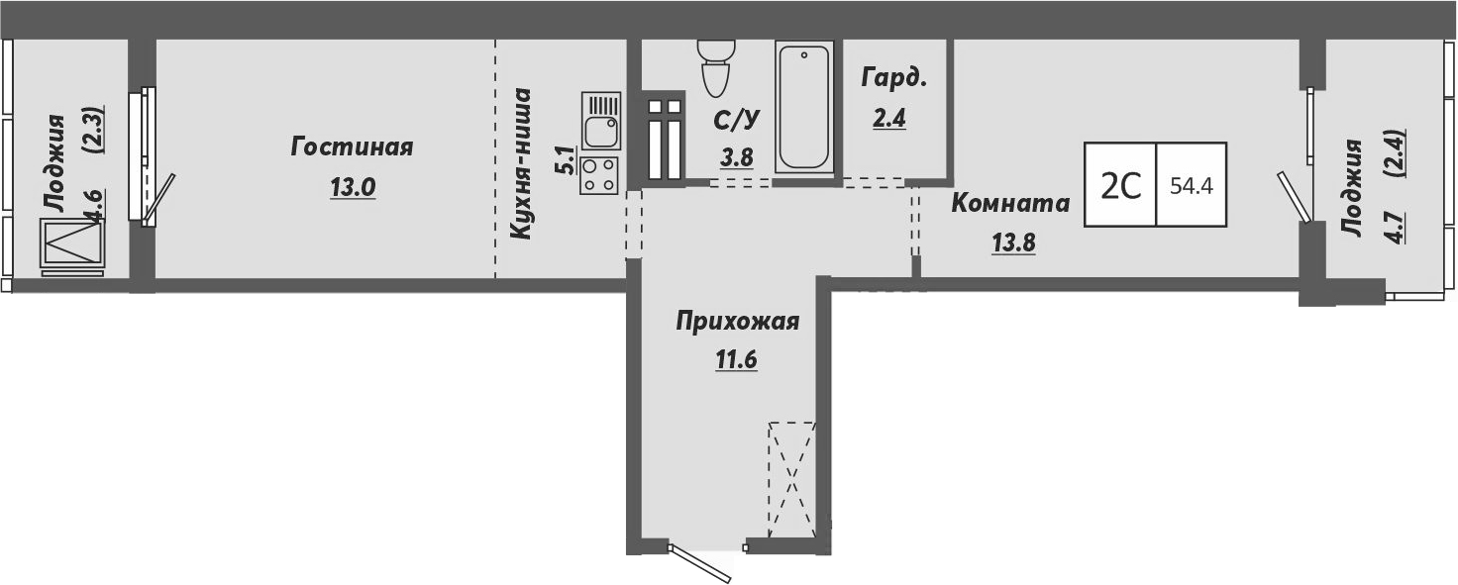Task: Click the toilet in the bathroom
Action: coord(714,65)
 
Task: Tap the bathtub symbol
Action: coord(804,107)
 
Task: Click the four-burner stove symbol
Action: coord(600,174)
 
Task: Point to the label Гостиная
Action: coord(352,147)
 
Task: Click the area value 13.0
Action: coord(353,188)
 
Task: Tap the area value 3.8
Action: coord(737,155)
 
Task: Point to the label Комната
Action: coord(1010,204)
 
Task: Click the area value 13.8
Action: coord(1012,243)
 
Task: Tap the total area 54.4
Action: coord(1192,185)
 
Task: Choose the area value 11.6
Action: coord(736,360)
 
